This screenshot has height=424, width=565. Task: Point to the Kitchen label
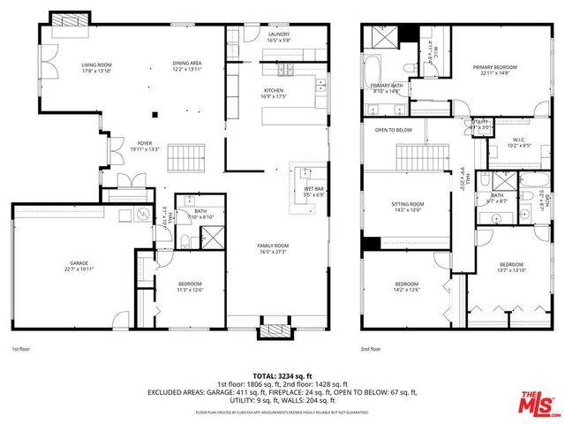pyautogui.click(x=273, y=93)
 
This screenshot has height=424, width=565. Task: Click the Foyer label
pyautogui.click(x=145, y=146)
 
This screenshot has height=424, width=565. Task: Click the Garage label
pyautogui.click(x=79, y=266)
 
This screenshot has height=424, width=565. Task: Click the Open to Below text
pyautogui.click(x=394, y=130)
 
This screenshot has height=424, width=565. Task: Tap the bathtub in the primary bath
pyautogui.click(x=373, y=68)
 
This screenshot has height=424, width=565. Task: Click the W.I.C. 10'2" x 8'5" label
pyautogui.click(x=518, y=140)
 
